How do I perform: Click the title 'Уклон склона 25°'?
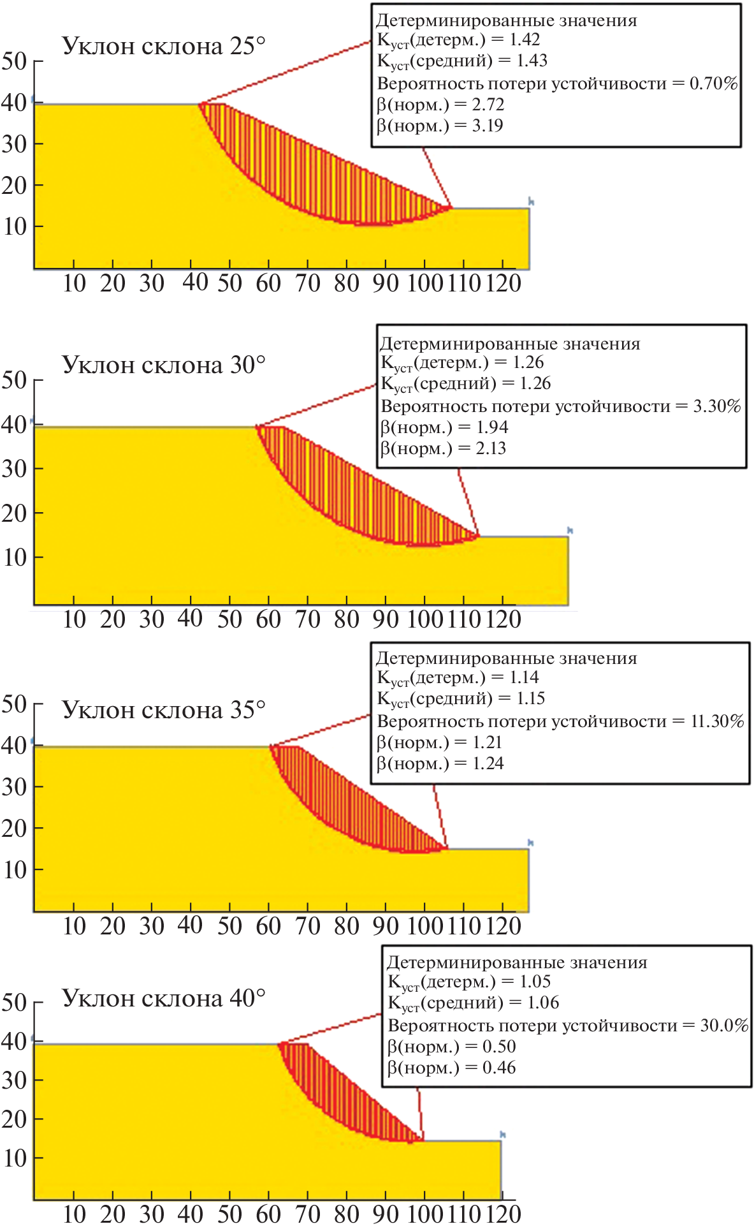tap(163, 46)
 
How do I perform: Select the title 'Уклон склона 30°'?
tap(163, 365)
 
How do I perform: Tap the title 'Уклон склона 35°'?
tap(163, 709)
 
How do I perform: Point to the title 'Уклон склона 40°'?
tap(163, 998)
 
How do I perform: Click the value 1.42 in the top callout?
tap(525, 40)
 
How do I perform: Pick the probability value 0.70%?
tap(713, 83)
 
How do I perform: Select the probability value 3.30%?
tap(717, 406)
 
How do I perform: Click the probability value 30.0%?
tap(724, 1025)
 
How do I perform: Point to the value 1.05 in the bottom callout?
tap(535, 982)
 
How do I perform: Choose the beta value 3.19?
tap(488, 126)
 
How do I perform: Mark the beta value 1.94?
tap(492, 427)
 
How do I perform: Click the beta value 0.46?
tap(499, 1068)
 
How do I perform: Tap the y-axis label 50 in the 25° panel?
tap(14, 61)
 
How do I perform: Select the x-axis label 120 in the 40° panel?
tap(504, 1214)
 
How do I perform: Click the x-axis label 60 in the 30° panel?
tap(268, 619)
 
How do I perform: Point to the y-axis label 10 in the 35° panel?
tap(14, 870)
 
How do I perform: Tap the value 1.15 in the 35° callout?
tap(531, 698)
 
